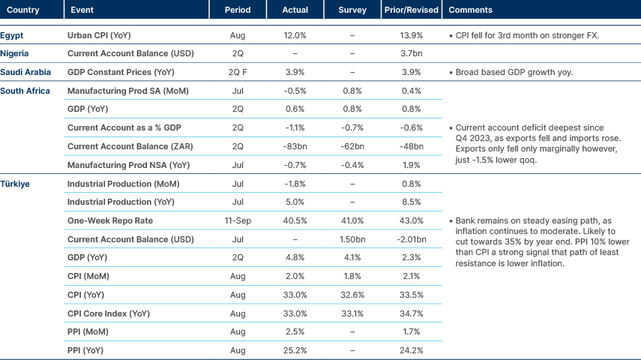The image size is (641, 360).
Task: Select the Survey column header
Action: click(x=352, y=10)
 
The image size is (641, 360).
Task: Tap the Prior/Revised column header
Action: click(x=411, y=10)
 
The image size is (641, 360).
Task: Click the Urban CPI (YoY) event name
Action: click(x=99, y=35)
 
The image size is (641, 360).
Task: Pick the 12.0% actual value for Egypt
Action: click(x=295, y=35)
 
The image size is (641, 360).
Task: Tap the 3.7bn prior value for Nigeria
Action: click(x=411, y=53)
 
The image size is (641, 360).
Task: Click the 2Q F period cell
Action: click(x=238, y=72)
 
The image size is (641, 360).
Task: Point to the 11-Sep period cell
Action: click(x=238, y=220)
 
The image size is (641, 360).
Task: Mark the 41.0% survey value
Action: click(x=352, y=220)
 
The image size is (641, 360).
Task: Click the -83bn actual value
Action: click(x=295, y=145)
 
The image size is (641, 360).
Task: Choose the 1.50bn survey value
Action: click(x=352, y=239)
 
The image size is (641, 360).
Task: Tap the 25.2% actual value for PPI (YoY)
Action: click(x=295, y=349)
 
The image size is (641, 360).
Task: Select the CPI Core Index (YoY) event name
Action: click(x=108, y=313)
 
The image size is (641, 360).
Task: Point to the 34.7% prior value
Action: click(x=411, y=313)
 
